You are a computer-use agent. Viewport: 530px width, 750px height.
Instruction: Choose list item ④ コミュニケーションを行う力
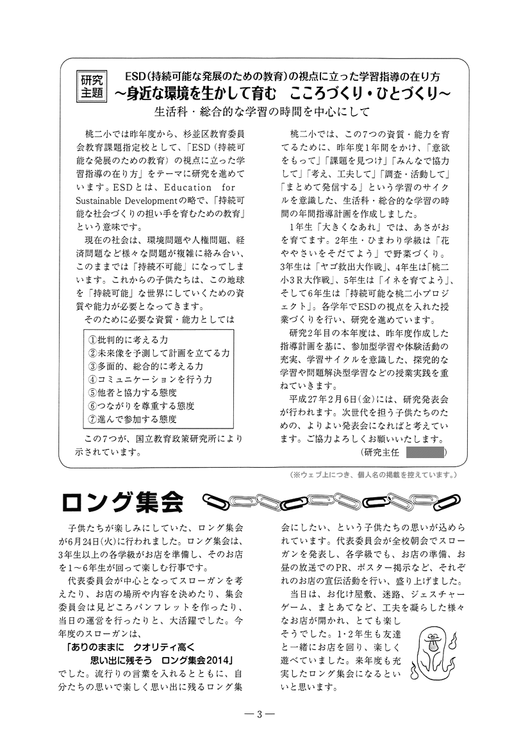pos(150,379)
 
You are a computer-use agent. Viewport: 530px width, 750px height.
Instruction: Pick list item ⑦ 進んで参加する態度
pos(132,420)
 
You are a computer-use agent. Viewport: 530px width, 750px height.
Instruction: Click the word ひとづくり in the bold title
pos(410,93)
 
